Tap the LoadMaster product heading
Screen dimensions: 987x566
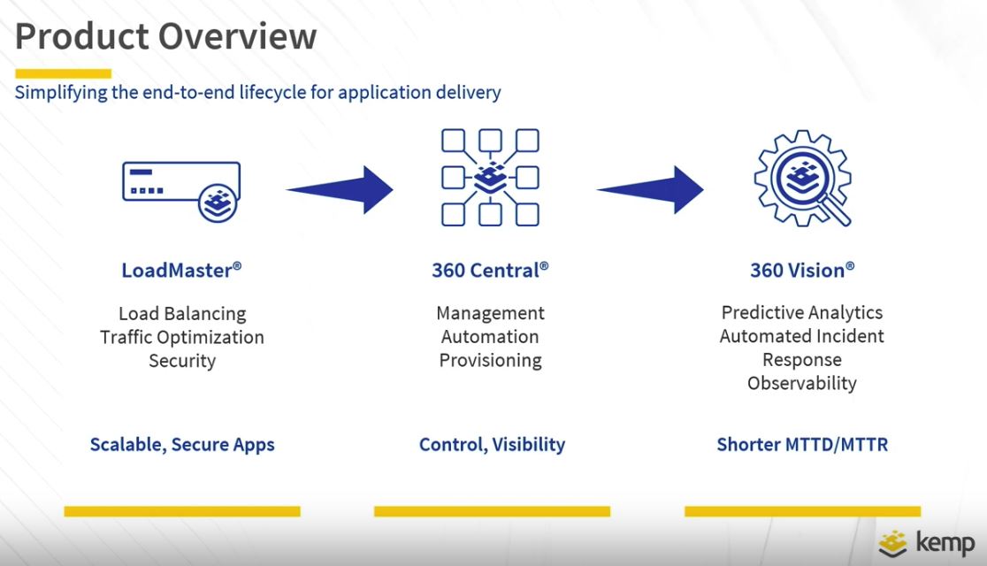click(x=181, y=270)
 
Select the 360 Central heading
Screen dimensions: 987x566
click(x=490, y=270)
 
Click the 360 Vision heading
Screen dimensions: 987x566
click(x=802, y=270)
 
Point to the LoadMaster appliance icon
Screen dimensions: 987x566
click(x=181, y=191)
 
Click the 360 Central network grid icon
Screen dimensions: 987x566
click(x=490, y=178)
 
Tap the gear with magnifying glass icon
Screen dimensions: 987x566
click(x=802, y=178)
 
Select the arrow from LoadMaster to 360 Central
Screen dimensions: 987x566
click(x=340, y=189)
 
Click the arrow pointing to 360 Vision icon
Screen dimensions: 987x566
click(x=650, y=189)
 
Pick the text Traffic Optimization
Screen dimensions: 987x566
click(x=182, y=338)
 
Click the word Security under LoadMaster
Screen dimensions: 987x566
click(x=182, y=361)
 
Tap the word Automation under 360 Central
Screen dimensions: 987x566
click(x=490, y=337)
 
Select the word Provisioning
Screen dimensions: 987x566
click(x=490, y=360)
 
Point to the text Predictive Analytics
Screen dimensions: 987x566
click(x=802, y=313)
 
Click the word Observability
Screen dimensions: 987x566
click(x=802, y=383)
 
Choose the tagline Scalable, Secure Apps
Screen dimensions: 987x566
click(x=182, y=445)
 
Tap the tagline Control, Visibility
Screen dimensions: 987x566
click(x=493, y=445)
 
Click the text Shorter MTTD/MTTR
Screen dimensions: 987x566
click(x=802, y=445)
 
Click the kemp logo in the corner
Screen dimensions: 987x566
click(x=927, y=543)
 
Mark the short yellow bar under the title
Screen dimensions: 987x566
click(x=63, y=73)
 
